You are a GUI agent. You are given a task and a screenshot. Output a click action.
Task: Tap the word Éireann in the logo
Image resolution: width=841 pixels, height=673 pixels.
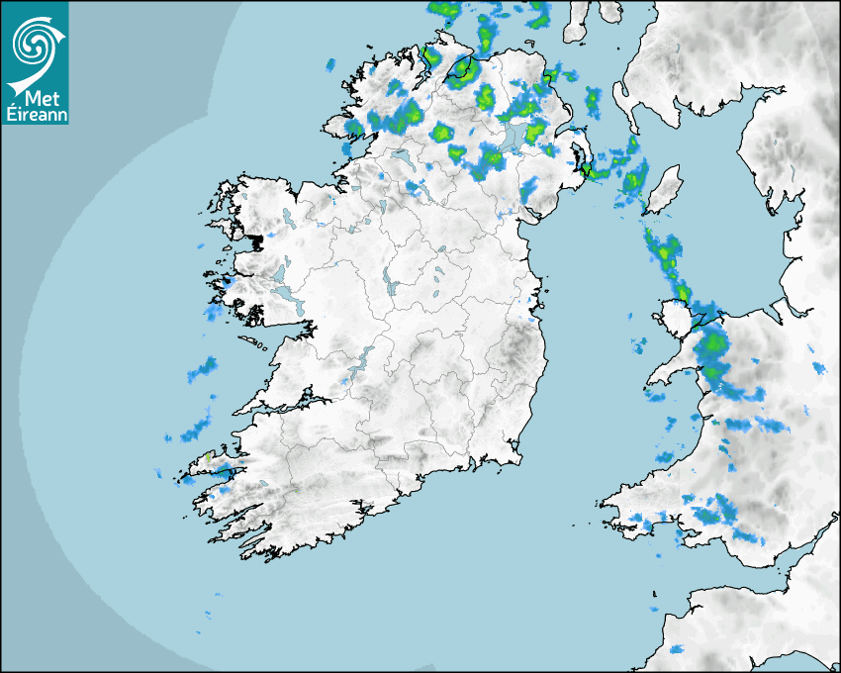click(x=36, y=115)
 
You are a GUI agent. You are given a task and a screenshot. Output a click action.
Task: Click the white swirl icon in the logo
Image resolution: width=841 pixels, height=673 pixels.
click(x=34, y=44)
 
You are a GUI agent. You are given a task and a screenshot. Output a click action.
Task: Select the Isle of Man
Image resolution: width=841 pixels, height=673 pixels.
click(x=665, y=189)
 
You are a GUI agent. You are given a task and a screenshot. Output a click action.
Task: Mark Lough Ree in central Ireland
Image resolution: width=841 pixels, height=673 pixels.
click(x=392, y=287)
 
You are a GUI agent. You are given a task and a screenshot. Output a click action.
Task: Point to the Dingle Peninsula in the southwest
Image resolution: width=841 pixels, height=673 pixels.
click(x=208, y=466)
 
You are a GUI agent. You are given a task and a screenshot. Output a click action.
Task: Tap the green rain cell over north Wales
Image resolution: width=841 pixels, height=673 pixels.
click(x=711, y=346)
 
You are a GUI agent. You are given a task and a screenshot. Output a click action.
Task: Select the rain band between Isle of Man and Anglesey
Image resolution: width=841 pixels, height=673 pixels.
click(x=667, y=257)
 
